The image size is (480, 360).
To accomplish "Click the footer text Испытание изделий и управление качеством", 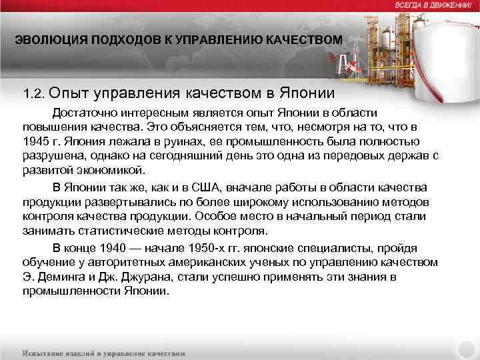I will click(x=105, y=353).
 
